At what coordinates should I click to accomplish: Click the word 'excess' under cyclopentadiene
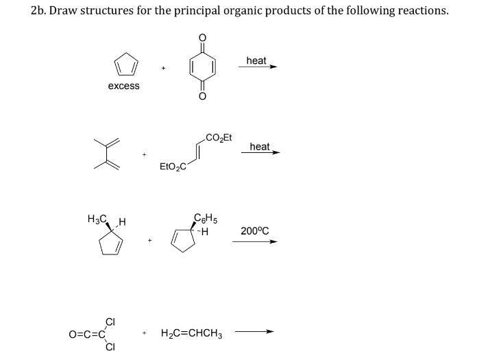pos(123,86)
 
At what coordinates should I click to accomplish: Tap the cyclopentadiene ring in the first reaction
pos(123,66)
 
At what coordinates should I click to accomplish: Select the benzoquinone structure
pos(202,67)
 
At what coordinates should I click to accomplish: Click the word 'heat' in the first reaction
pos(256,61)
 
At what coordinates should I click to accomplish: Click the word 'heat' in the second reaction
pos(259,147)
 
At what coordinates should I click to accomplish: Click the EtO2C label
pos(172,167)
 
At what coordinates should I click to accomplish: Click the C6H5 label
pos(206,219)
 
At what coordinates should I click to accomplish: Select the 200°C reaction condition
pos(254,231)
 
